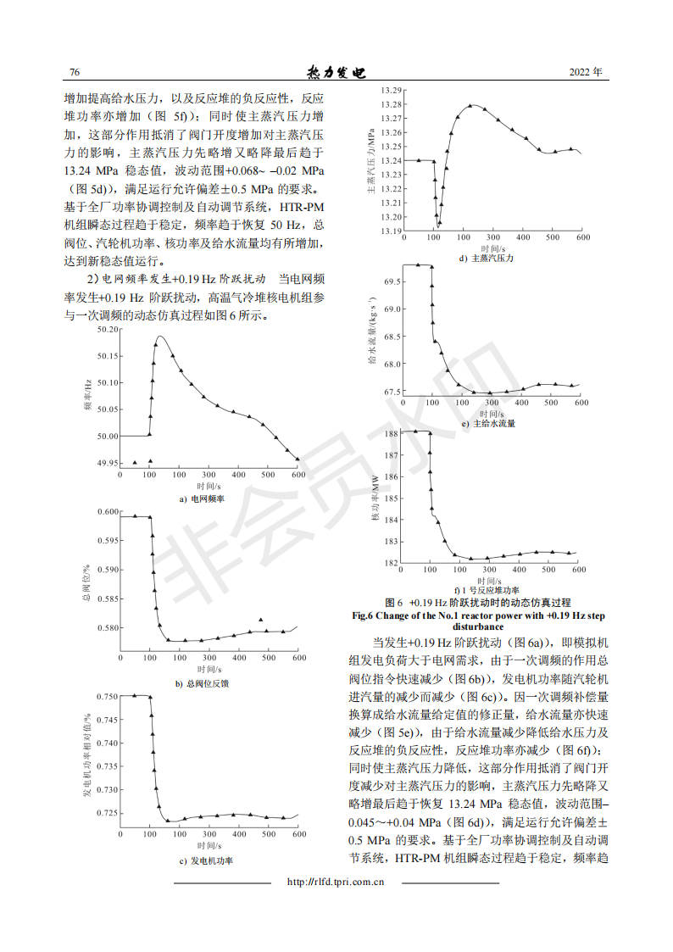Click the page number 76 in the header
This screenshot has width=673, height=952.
(x=74, y=72)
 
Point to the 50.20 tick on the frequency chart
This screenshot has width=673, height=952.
(x=108, y=329)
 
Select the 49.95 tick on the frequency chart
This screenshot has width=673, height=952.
(x=108, y=463)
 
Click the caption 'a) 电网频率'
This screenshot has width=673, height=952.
(x=202, y=499)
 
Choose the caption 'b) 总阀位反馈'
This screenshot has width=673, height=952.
(x=201, y=682)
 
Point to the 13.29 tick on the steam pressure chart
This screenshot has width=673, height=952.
(x=391, y=90)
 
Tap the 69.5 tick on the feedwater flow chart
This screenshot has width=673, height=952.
(x=392, y=281)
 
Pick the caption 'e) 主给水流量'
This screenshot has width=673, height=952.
(x=489, y=423)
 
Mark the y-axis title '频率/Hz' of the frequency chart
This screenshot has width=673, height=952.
(x=87, y=396)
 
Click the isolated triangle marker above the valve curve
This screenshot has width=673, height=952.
(x=261, y=620)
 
